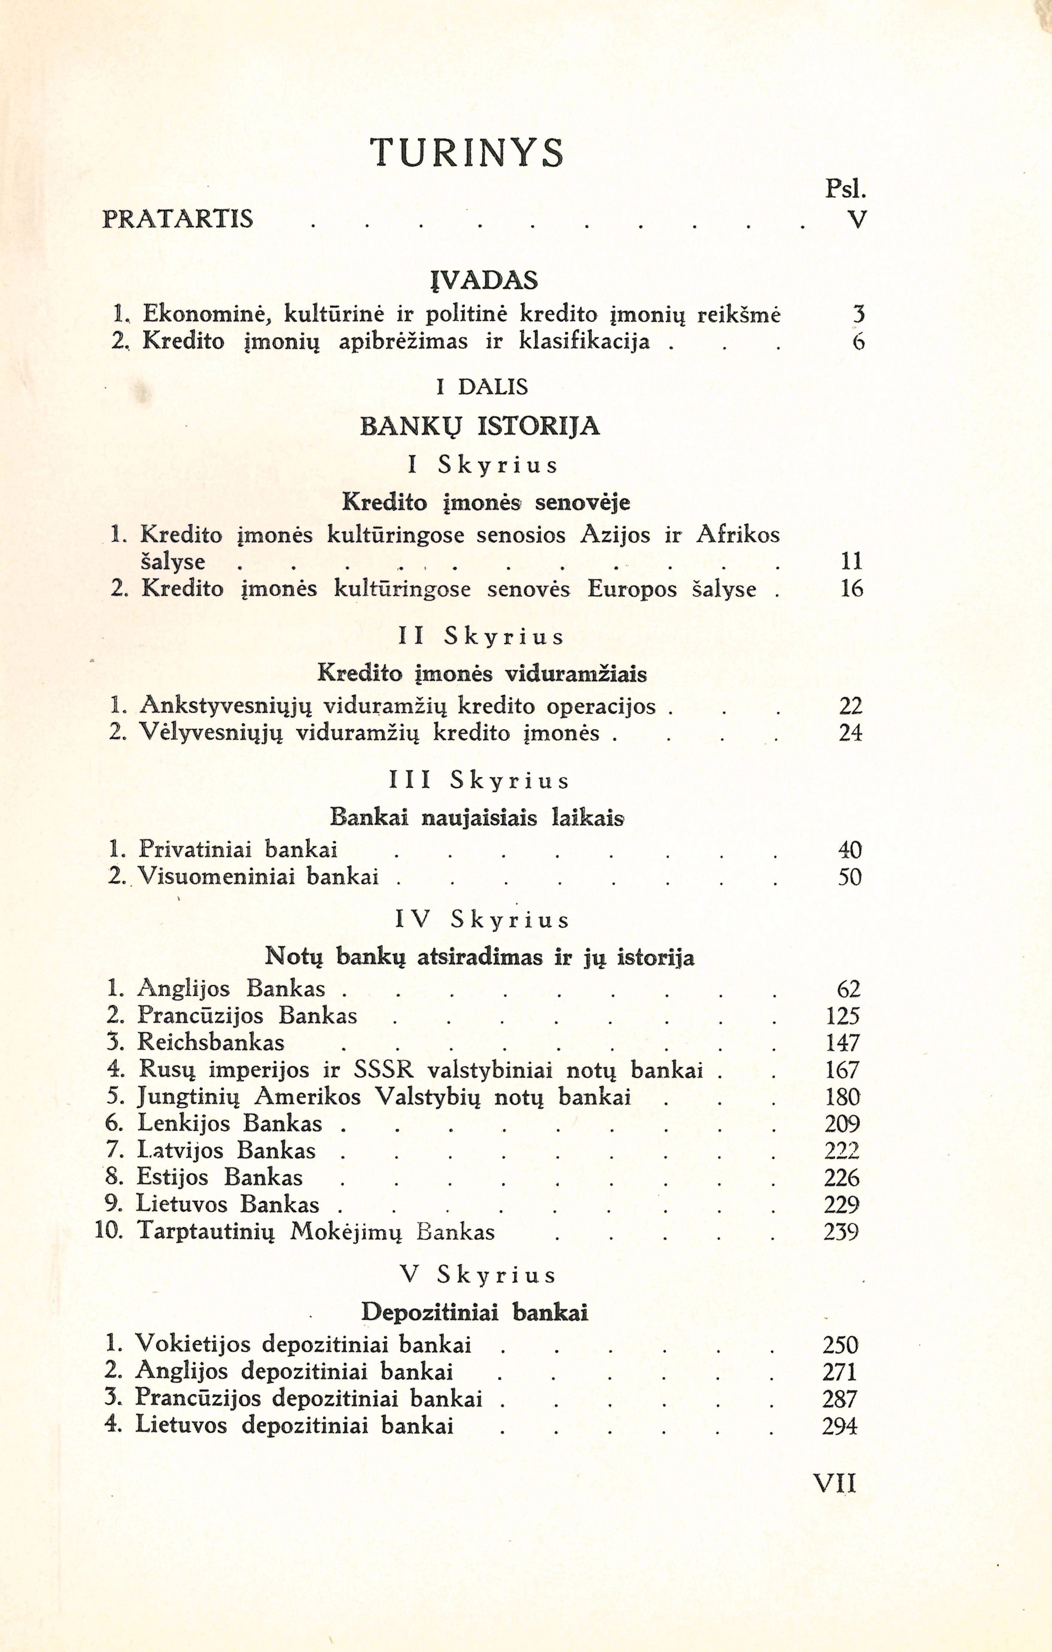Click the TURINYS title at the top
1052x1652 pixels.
click(x=467, y=152)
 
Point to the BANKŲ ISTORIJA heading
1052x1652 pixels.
click(x=480, y=427)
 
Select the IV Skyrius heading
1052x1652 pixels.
click(x=483, y=920)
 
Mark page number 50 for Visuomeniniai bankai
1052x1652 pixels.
click(x=849, y=878)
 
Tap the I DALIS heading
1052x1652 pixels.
click(x=483, y=387)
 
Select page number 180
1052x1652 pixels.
click(x=842, y=1097)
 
